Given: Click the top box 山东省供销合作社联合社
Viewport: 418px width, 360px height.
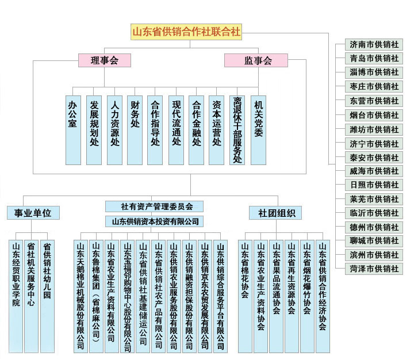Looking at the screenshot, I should [186, 32].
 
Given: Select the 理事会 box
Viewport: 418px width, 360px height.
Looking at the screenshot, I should [104, 60].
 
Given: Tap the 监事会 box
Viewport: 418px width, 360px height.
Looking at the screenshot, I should [257, 60].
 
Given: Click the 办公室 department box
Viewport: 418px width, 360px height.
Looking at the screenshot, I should [73, 129].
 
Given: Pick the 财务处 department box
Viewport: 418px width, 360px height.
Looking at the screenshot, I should [135, 129].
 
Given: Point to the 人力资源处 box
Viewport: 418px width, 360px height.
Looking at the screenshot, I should [114, 129].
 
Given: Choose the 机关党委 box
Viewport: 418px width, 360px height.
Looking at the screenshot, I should [258, 129].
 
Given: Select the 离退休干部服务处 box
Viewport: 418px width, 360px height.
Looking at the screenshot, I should [237, 129].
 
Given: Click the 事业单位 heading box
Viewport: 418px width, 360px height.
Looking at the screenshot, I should [33, 213].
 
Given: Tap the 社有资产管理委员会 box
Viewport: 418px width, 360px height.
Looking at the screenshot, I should [154, 206].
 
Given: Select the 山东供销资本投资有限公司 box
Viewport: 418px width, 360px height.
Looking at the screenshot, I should [154, 221].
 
